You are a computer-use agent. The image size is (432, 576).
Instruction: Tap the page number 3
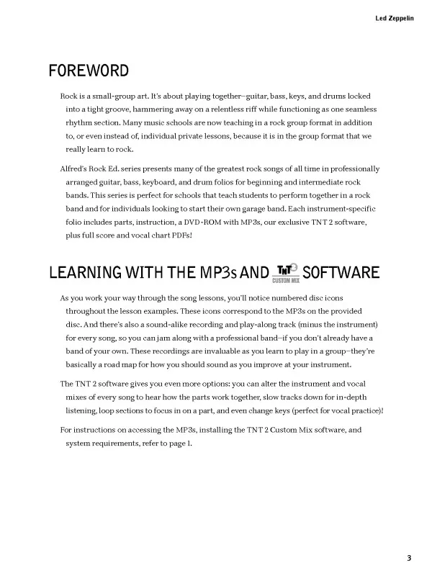[409, 557]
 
